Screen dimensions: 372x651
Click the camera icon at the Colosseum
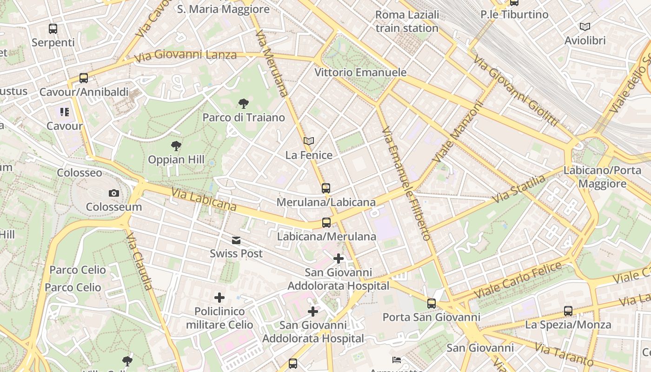114,193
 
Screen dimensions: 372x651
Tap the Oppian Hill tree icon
176,146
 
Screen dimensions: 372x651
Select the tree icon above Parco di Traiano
243,104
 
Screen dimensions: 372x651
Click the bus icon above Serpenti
53,29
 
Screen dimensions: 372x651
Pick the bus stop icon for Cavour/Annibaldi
84,78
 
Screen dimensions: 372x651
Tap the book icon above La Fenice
309,141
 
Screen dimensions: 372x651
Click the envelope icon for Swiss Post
237,240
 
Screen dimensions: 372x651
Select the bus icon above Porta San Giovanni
432,304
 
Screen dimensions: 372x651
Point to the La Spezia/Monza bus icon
568,311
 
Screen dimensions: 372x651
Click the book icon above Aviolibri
585,27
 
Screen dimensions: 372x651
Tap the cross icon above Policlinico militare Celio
219,298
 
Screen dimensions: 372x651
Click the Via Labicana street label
204,199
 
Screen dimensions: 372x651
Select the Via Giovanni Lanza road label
186,56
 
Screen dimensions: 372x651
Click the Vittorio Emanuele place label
360,73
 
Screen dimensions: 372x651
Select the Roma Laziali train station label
407,21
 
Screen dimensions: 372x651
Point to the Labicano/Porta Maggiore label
602,177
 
